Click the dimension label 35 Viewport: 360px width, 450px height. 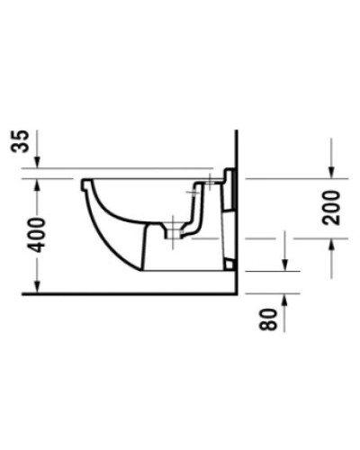[x=24, y=141]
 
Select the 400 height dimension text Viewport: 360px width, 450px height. [x=25, y=236]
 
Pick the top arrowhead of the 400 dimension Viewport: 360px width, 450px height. [x=36, y=183]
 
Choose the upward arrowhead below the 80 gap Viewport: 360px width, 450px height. [x=285, y=300]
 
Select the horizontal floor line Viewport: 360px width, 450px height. [x=126, y=293]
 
